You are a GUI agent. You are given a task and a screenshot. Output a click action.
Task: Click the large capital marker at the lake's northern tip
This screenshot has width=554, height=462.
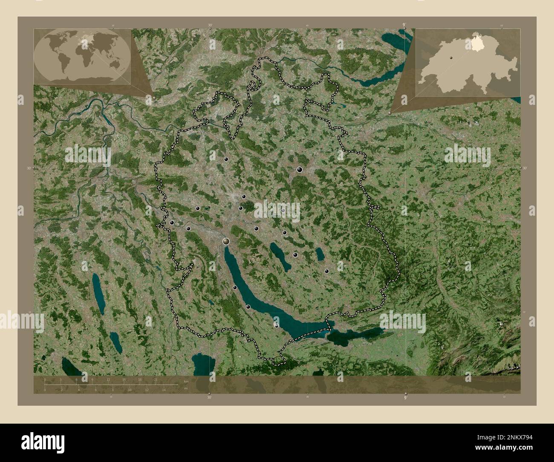[226, 241]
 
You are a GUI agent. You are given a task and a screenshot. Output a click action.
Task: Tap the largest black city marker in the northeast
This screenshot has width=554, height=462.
[300, 170]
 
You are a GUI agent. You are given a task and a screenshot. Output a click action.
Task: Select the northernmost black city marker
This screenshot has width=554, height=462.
[226, 159]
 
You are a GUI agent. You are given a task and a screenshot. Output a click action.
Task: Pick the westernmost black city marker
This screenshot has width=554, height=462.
[172, 222]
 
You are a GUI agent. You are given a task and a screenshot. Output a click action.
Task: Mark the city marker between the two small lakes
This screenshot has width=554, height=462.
[295, 255]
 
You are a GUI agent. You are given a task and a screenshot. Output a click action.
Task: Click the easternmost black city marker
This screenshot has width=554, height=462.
[326, 271]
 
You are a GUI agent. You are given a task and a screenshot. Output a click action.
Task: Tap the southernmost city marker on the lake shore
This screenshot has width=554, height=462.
[277, 325]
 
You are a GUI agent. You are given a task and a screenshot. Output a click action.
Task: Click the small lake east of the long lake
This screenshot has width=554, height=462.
[280, 256]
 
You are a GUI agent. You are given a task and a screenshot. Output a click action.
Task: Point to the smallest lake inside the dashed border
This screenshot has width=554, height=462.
[320, 254]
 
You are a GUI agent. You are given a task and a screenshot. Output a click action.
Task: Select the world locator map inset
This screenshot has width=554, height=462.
[83, 57]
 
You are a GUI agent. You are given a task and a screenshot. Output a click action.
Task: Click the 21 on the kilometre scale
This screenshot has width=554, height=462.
[156, 381]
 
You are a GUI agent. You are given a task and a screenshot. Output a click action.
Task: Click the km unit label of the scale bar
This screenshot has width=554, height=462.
[186, 381]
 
